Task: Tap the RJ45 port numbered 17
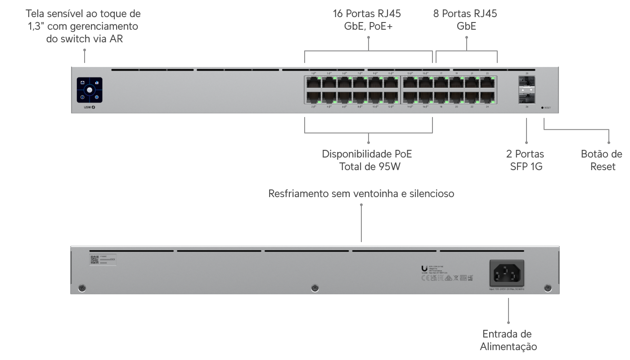pos(441,83)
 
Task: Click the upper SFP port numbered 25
pos(526,82)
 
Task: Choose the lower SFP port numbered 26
pos(526,97)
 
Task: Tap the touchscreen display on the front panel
pos(90,90)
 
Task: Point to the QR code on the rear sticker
pos(94,260)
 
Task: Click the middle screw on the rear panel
pos(315,288)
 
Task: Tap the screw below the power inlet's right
pos(547,288)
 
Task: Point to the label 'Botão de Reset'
pos(601,161)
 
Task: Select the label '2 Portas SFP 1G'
pos(525,161)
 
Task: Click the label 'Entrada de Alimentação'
pos(508,341)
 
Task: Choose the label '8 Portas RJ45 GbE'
pos(465,20)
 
